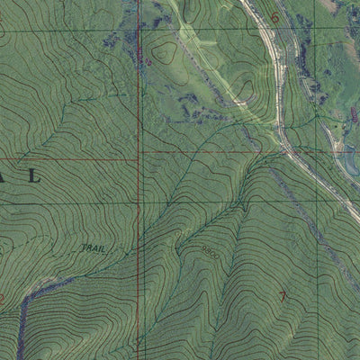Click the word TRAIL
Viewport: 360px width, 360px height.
tap(92, 247)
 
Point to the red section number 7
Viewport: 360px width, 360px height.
tap(284, 296)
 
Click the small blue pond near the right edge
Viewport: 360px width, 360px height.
tap(346, 163)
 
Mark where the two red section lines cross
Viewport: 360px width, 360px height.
tap(139, 153)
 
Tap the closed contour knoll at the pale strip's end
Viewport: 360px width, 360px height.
tap(245, 89)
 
